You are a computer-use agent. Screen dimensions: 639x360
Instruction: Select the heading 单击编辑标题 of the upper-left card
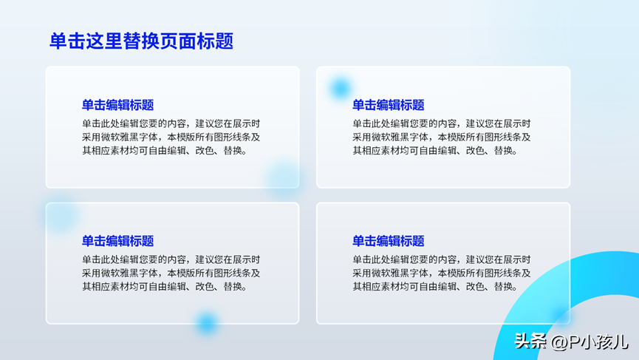click(x=117, y=105)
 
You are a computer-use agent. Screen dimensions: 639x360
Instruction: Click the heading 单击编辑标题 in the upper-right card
click(x=389, y=105)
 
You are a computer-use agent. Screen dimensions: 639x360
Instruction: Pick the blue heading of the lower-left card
click(x=117, y=241)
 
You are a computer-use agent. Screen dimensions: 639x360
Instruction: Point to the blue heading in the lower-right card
click(x=389, y=241)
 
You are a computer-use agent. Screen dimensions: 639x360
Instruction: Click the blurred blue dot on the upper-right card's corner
click(x=341, y=88)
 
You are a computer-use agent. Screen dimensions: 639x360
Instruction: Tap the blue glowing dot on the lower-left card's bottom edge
click(x=207, y=323)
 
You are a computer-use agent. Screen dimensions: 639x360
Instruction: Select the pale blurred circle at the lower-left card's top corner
click(x=61, y=215)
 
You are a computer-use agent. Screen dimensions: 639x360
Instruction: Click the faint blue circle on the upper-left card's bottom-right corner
click(x=284, y=177)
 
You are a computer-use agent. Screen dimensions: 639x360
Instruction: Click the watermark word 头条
click(x=530, y=342)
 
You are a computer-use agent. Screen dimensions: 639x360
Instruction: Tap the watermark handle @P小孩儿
click(x=590, y=342)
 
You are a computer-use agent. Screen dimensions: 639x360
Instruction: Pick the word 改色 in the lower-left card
click(x=205, y=287)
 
